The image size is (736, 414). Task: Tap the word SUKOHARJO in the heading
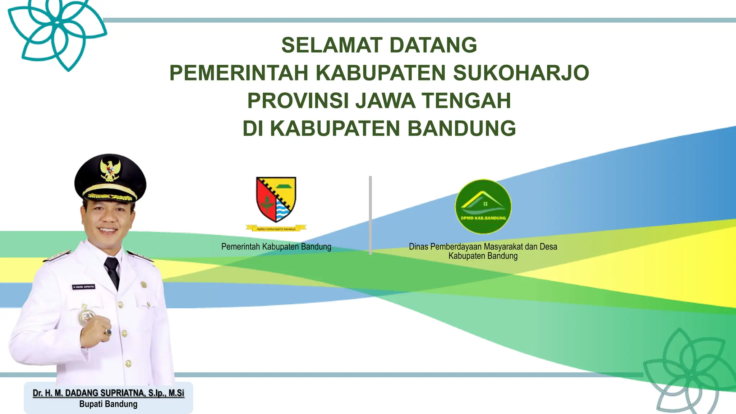pyautogui.click(x=521, y=73)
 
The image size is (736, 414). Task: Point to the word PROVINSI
pyautogui.click(x=298, y=101)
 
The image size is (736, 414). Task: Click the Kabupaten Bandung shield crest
pyautogui.click(x=276, y=199)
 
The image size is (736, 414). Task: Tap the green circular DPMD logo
pyautogui.click(x=483, y=207)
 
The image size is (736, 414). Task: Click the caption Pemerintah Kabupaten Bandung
pyautogui.click(x=276, y=247)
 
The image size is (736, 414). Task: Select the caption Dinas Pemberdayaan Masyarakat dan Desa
pyautogui.click(x=483, y=247)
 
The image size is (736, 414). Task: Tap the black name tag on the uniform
pyautogui.click(x=83, y=287)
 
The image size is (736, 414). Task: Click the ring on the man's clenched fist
pyautogui.click(x=107, y=332)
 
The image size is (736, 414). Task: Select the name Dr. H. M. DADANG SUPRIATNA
pyautogui.click(x=108, y=393)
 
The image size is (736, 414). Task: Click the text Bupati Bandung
pyautogui.click(x=108, y=404)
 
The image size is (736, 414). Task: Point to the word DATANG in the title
pyautogui.click(x=433, y=45)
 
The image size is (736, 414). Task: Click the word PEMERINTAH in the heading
pyautogui.click(x=239, y=73)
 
